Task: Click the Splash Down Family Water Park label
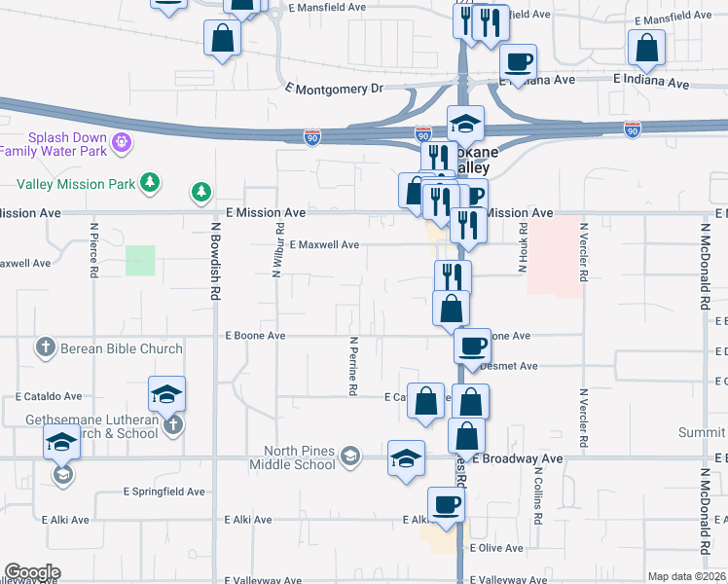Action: (x=55, y=144)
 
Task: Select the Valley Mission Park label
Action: (x=77, y=183)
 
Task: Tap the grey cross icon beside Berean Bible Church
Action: (x=45, y=347)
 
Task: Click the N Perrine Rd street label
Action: (x=352, y=366)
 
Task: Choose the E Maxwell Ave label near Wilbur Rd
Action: (x=324, y=245)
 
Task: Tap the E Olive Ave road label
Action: (x=496, y=549)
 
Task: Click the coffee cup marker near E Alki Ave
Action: (x=447, y=504)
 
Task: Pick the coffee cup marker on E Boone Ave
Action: (x=473, y=346)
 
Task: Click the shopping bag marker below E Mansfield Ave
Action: (x=223, y=39)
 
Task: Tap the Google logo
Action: (x=32, y=572)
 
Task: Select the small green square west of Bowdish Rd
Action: (x=140, y=261)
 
